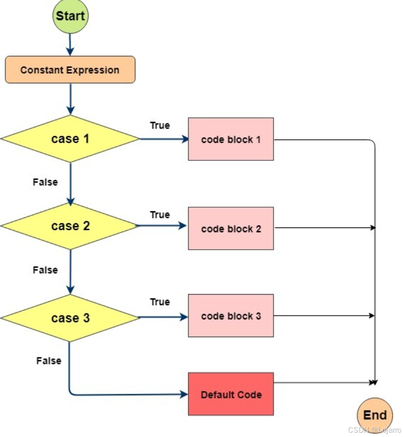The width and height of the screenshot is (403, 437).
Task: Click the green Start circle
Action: click(x=70, y=16)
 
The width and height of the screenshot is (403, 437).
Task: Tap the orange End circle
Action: click(x=375, y=415)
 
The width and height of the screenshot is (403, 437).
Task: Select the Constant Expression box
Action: click(x=70, y=70)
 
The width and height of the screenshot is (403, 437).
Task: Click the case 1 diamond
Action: click(x=70, y=139)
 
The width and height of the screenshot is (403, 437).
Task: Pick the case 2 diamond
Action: click(x=70, y=226)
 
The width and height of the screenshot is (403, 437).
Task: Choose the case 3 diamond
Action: click(x=70, y=318)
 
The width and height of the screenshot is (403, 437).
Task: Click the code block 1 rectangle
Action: click(x=230, y=140)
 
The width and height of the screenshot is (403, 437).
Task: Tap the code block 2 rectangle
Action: click(x=230, y=228)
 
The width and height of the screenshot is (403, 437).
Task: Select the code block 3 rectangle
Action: click(x=230, y=316)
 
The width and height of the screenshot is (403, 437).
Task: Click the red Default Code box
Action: click(x=230, y=394)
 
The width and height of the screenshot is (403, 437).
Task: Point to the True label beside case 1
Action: click(x=160, y=125)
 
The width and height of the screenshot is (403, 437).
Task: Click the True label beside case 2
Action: click(x=160, y=215)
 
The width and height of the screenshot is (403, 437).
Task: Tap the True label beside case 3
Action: click(x=160, y=302)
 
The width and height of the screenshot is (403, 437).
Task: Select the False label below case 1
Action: click(x=45, y=182)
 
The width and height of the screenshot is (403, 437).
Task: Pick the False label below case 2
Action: click(x=45, y=270)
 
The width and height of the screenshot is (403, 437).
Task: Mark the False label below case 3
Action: click(x=49, y=361)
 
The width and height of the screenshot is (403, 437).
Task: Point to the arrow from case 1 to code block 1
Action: click(x=163, y=139)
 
